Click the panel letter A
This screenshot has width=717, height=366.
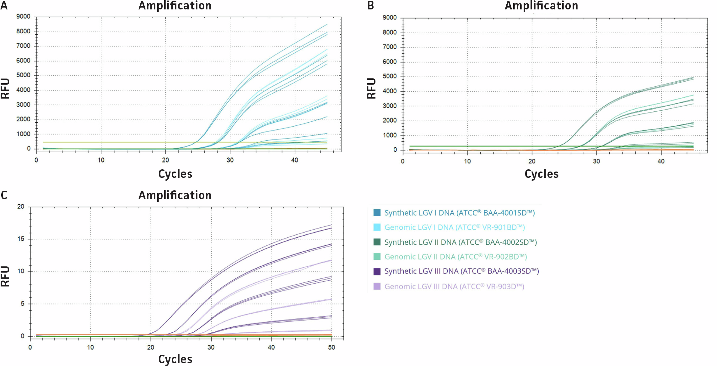pos(4,6)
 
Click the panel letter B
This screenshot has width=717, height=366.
pos(370,6)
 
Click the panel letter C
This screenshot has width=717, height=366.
pos(4,195)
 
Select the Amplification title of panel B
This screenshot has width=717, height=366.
pos(541,6)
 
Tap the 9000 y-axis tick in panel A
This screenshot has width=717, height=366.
pos(23,17)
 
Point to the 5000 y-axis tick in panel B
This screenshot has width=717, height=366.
pos(389,76)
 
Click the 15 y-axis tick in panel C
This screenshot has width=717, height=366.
pos(21,239)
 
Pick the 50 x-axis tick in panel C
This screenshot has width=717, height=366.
pos(332,347)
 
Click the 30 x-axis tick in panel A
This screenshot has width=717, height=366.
pos(230,160)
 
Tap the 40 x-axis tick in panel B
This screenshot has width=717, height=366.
pos(661,161)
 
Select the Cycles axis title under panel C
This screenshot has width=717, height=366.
pos(175,359)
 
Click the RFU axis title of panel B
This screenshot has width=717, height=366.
pos(371,88)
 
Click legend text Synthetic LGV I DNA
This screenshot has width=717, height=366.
pos(459,213)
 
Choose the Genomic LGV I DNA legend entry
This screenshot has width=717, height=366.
pos(454,227)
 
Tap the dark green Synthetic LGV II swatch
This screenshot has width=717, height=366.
pos(377,242)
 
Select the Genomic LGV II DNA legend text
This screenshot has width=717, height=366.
pos(455,257)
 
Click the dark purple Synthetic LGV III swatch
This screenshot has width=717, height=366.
pos(377,271)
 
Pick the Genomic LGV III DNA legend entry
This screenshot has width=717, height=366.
pos(454,287)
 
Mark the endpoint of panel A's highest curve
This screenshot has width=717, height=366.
pos(327,24)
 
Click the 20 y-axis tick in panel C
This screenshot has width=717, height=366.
pos(21,207)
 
